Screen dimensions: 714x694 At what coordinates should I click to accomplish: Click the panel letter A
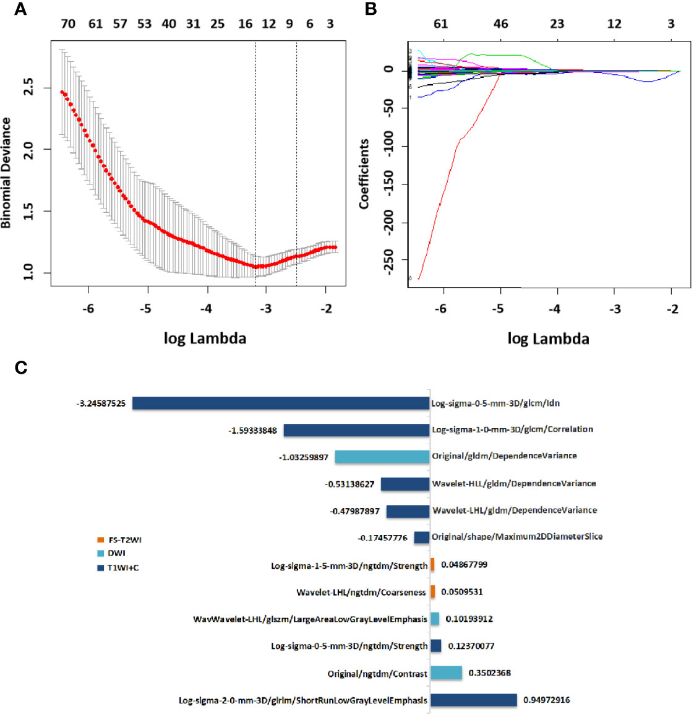[x=20, y=9]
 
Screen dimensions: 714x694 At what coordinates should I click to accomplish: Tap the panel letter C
[x=21, y=368]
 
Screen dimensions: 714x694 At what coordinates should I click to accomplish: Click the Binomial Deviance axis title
[x=7, y=173]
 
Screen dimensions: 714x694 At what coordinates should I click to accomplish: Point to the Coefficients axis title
[x=364, y=173]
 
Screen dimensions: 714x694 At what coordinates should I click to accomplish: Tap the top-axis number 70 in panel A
[x=67, y=24]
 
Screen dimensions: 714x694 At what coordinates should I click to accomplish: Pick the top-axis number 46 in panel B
[x=500, y=24]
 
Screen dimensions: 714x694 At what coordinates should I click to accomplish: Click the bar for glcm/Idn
[x=281, y=403]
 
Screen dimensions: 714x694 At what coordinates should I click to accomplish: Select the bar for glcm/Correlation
[x=356, y=430]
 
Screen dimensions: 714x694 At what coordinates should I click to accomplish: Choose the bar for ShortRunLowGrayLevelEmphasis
[x=474, y=700]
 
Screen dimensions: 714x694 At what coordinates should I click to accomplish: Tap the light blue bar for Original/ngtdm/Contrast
[x=447, y=673]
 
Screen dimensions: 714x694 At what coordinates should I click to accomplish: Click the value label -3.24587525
[x=101, y=403]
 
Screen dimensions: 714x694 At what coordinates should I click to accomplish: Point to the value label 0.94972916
[x=547, y=700]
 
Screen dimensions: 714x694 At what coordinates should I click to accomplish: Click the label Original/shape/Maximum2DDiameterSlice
[x=517, y=536]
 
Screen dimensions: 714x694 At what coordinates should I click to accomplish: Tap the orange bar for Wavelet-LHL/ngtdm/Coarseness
[x=433, y=591]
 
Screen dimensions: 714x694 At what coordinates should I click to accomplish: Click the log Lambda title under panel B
[x=548, y=338]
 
